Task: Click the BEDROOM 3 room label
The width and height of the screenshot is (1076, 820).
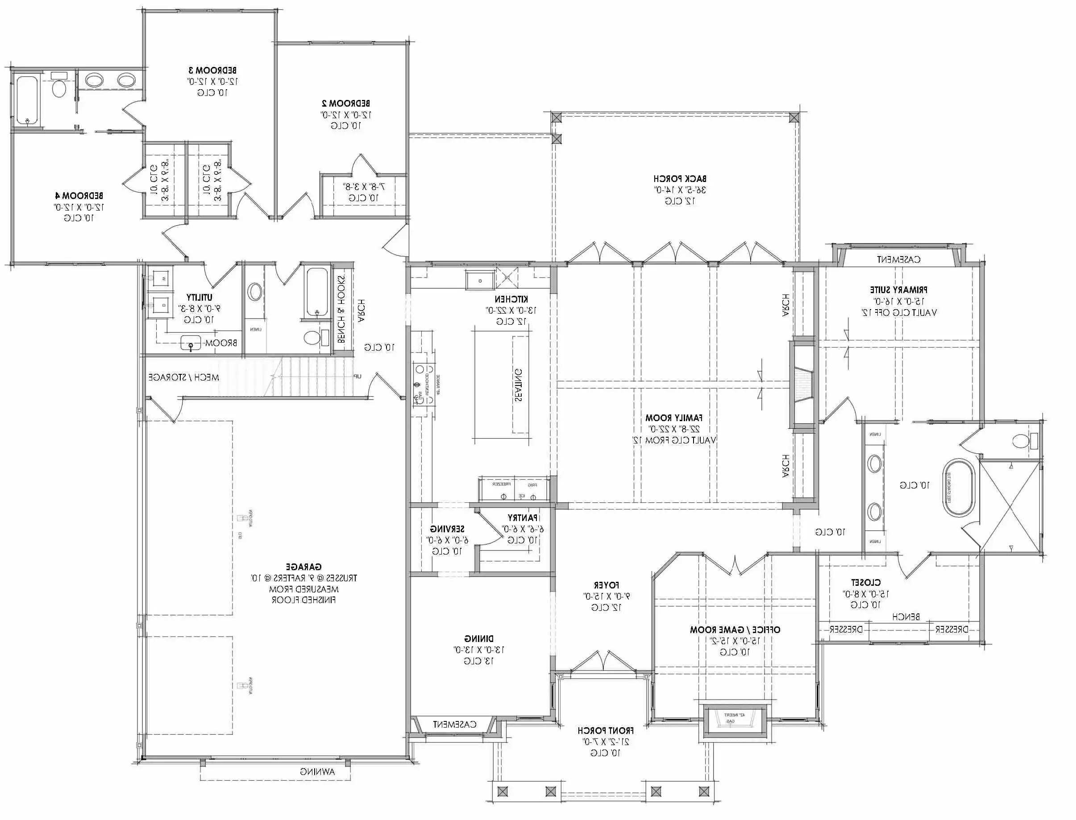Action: click(x=213, y=70)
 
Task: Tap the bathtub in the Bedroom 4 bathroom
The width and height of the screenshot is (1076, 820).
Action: click(x=27, y=100)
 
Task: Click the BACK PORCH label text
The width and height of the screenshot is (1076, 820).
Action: click(x=680, y=178)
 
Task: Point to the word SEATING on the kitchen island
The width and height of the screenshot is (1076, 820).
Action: click(x=518, y=385)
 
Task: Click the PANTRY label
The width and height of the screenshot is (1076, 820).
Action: click(x=522, y=518)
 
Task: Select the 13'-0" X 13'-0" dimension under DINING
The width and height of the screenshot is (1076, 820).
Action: click(x=478, y=650)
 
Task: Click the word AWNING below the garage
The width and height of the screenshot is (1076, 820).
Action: click(x=317, y=772)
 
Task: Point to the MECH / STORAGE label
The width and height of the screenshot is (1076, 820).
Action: click(x=183, y=377)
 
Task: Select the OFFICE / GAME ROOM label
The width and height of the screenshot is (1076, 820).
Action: click(x=735, y=629)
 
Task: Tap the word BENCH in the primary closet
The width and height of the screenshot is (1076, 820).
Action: click(x=906, y=617)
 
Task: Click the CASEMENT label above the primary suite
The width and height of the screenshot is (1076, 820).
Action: click(x=898, y=260)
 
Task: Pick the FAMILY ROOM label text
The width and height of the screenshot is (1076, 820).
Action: click(x=674, y=418)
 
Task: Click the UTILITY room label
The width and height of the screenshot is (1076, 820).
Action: click(x=199, y=297)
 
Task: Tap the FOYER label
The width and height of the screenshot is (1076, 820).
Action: click(x=607, y=585)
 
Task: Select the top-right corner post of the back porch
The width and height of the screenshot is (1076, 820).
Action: click(x=794, y=117)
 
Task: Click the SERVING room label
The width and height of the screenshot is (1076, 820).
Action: click(x=447, y=529)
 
